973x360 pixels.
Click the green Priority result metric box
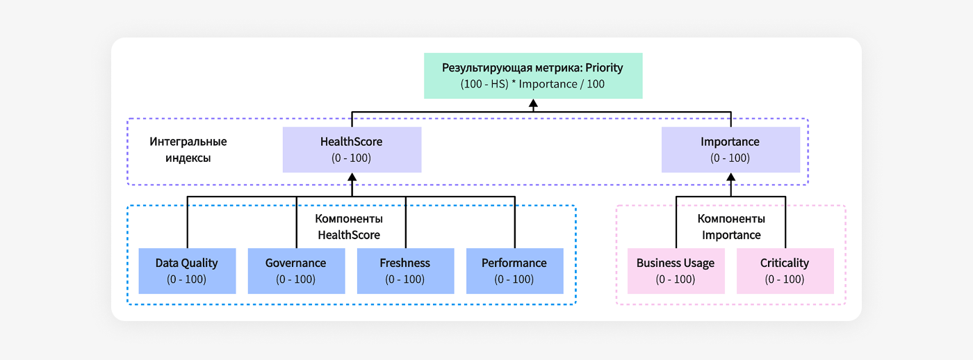(x=533, y=76)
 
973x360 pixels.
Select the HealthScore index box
(x=352, y=149)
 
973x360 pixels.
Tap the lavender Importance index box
(x=730, y=149)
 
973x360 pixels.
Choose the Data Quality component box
(x=186, y=270)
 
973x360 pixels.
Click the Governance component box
(x=295, y=270)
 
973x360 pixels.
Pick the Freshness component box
(x=404, y=270)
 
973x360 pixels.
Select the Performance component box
(x=514, y=270)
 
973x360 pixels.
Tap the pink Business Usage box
(x=676, y=270)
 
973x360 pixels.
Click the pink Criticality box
(x=785, y=270)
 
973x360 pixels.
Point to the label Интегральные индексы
(x=188, y=150)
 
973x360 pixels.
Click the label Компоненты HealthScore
(x=349, y=227)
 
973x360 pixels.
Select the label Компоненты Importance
(x=731, y=227)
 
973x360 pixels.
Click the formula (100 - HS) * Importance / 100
(x=532, y=84)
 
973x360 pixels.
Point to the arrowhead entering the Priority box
(x=533, y=104)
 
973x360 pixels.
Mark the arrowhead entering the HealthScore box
(x=352, y=177)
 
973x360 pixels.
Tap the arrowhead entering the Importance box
(x=730, y=177)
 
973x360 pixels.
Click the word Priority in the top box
(x=603, y=68)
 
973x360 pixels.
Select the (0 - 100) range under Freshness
(x=404, y=279)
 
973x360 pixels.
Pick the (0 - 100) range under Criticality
(x=785, y=279)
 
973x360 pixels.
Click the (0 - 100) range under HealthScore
(x=352, y=158)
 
